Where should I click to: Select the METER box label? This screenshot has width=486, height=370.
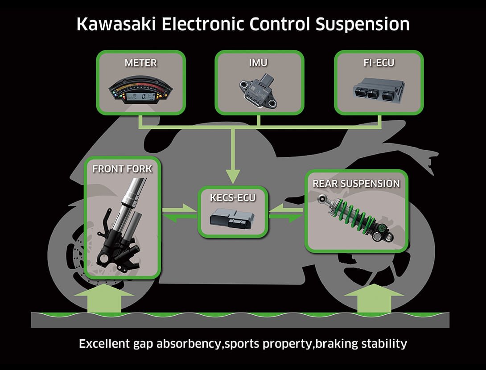click(x=140, y=62)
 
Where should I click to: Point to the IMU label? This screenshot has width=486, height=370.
click(x=259, y=62)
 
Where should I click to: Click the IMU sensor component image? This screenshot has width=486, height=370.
click(x=258, y=89)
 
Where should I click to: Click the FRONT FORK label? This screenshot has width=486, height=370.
click(x=122, y=169)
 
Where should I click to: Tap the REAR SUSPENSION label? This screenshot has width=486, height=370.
click(x=356, y=183)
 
